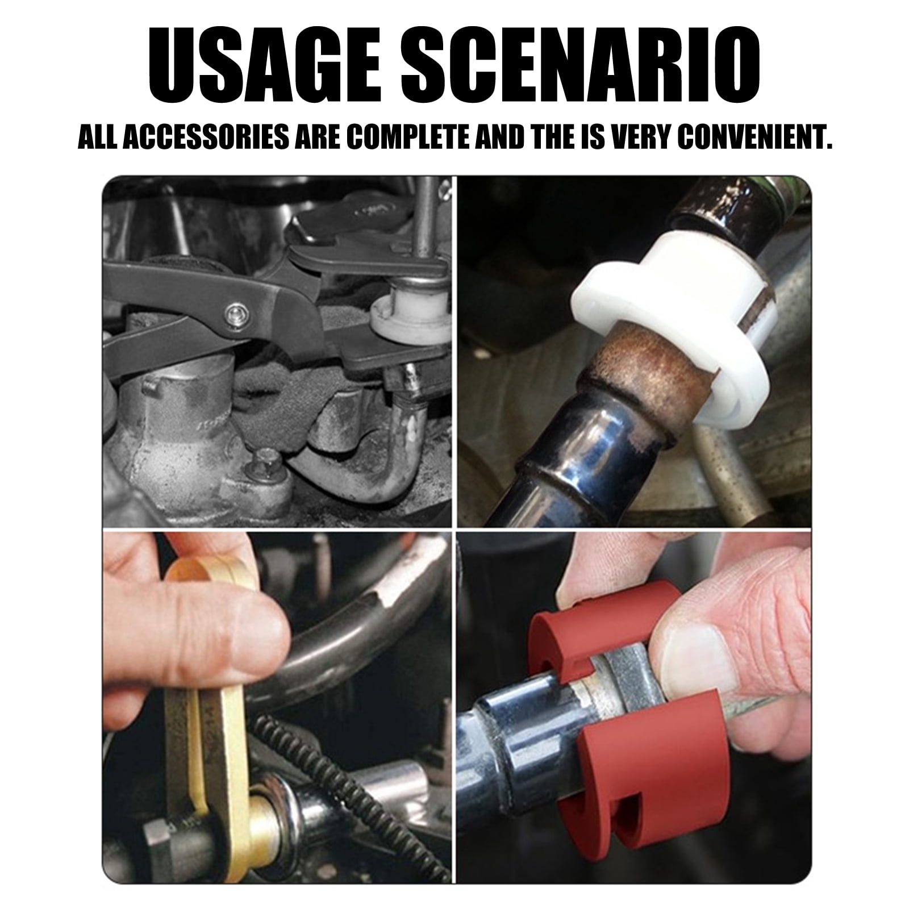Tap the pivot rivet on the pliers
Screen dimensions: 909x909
click(233, 311)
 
